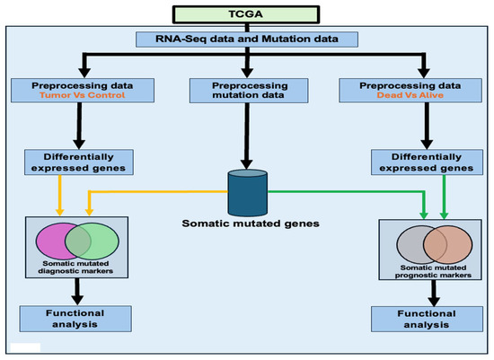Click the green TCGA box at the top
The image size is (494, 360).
coord(246,14)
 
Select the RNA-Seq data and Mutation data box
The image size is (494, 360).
coord(247,40)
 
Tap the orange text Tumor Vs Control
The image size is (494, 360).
coord(83,95)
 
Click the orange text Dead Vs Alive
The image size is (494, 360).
coord(410,95)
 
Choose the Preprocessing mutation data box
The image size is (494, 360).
coord(249,91)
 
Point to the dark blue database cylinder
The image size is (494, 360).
coord(248,193)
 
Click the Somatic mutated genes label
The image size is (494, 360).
coord(251,224)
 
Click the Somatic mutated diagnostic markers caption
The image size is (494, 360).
coord(75,268)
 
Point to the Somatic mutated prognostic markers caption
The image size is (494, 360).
coord(433,271)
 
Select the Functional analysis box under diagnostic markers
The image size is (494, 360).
coord(75,319)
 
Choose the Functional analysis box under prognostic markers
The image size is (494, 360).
coord(427,319)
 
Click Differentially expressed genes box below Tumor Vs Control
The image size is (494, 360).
coord(79,162)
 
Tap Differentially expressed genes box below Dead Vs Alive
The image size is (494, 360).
coord(427,162)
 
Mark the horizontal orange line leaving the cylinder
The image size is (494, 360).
coord(158,191)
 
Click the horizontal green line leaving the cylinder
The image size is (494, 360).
coord(347,191)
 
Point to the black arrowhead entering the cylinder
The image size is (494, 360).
coord(247,164)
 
